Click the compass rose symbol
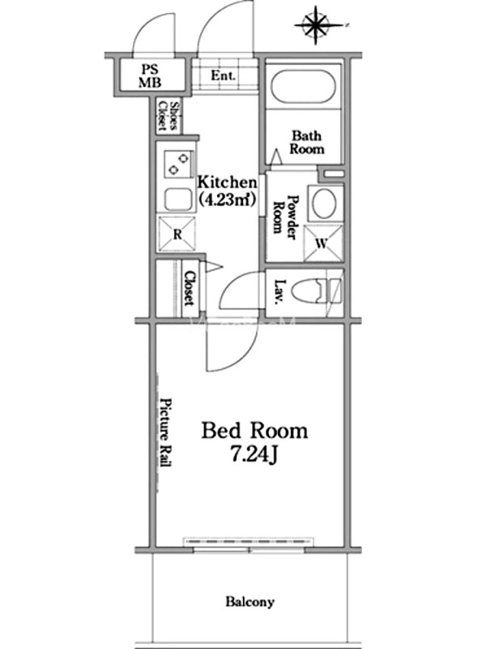316,25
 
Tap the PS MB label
150,75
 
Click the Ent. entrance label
224,75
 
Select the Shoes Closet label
168,116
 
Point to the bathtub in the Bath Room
303,88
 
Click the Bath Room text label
307,142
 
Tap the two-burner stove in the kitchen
178,163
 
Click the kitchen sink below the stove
178,200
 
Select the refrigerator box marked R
177,234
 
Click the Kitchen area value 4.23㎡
226,200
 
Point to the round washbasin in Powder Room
326,204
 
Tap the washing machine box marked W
323,243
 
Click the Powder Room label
286,217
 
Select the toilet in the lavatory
316,292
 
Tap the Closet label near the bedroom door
190,288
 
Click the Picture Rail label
166,432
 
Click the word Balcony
250,601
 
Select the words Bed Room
254,431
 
